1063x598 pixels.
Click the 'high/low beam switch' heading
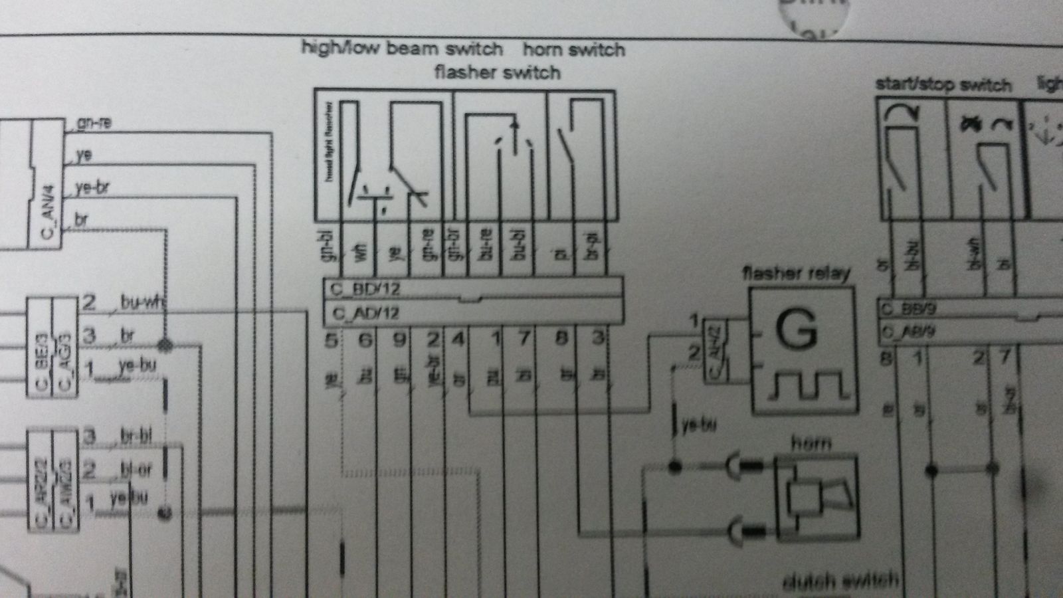[x=402, y=49]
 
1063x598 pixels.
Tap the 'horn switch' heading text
[x=574, y=50]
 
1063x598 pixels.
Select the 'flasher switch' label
[x=497, y=72]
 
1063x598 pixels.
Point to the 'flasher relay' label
[x=796, y=272]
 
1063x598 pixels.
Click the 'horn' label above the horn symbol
[x=811, y=442]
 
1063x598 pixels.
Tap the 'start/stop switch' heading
[x=943, y=84]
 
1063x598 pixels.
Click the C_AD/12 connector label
[x=365, y=313]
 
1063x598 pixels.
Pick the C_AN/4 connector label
[x=47, y=212]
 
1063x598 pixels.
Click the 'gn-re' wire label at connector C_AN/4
[x=94, y=123]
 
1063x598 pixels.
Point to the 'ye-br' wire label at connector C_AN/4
[x=92, y=187]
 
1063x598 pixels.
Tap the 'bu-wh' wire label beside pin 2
[x=142, y=302]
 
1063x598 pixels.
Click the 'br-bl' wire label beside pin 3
[x=136, y=437]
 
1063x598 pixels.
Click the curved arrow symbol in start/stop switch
[x=902, y=114]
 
